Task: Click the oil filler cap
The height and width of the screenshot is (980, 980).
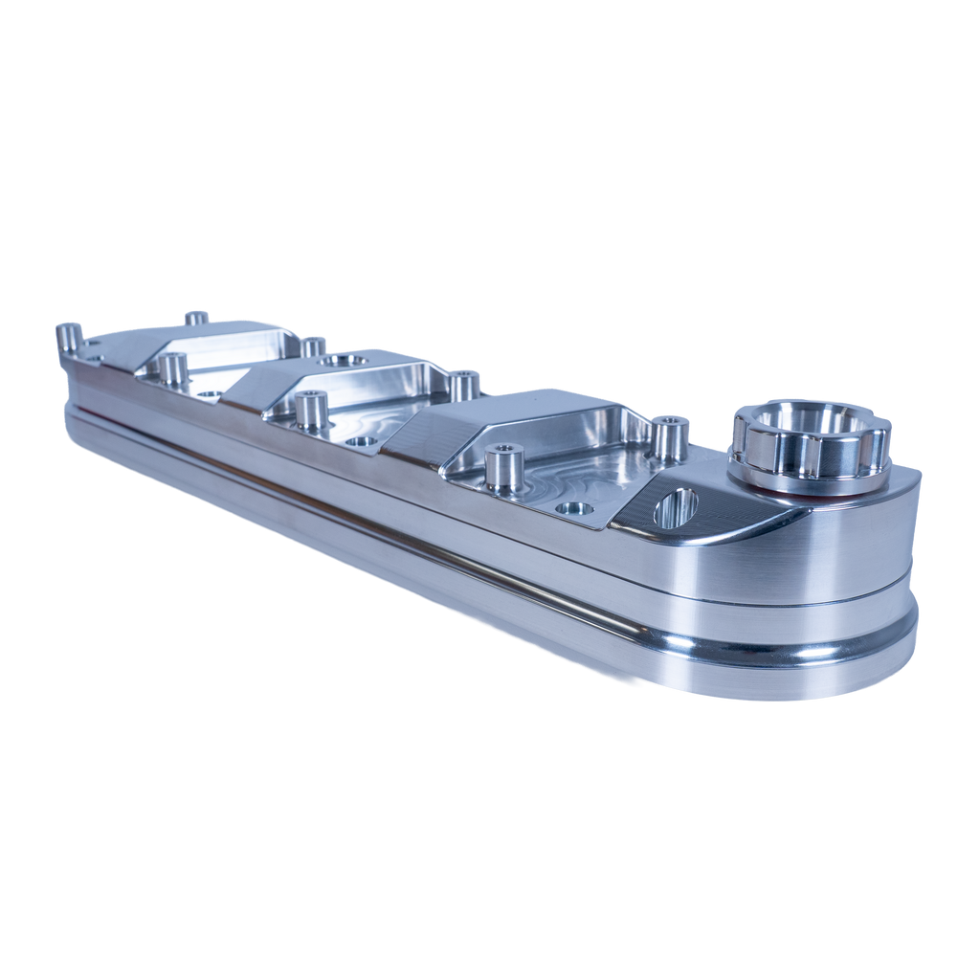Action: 812,448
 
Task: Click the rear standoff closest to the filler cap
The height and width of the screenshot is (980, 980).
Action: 671,433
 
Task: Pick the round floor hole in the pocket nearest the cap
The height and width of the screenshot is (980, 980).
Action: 573,510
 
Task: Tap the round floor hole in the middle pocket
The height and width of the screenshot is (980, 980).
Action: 361,442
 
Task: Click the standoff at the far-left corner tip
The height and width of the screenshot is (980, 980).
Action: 67,337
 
